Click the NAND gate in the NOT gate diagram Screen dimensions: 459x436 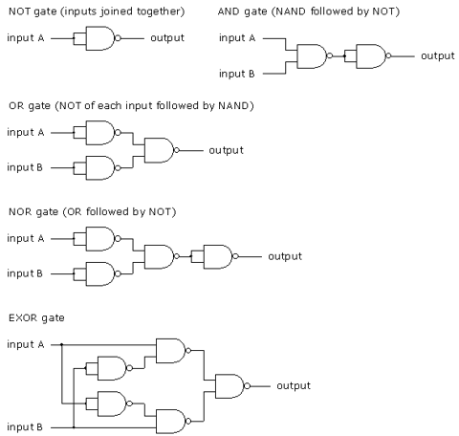(x=100, y=38)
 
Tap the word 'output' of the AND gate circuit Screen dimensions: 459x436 (x=438, y=56)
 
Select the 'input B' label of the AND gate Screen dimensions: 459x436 (x=237, y=74)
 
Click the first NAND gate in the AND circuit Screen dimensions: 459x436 (x=312, y=56)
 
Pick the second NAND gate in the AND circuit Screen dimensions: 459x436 (x=370, y=56)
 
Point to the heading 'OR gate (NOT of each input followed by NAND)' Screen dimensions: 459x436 (x=131, y=105)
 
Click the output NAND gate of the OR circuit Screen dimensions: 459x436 (x=159, y=150)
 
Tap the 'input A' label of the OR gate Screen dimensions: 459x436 (x=26, y=132)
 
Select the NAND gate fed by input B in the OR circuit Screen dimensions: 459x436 (x=100, y=168)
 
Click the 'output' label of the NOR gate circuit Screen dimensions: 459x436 (x=285, y=256)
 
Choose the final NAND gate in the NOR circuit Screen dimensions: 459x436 (x=218, y=256)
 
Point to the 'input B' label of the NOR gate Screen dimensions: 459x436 (x=25, y=273)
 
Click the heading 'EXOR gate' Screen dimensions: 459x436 (x=36, y=317)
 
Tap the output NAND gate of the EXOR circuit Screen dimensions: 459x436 (x=230, y=386)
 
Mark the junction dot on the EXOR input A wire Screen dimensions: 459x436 (x=62, y=344)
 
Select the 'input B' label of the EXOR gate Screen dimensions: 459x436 (x=25, y=426)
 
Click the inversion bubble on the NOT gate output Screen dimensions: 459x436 (x=118, y=38)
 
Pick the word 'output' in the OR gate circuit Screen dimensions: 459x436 (x=226, y=150)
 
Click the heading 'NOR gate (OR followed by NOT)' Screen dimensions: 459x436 (x=93, y=211)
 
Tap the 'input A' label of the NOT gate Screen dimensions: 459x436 (x=26, y=38)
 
